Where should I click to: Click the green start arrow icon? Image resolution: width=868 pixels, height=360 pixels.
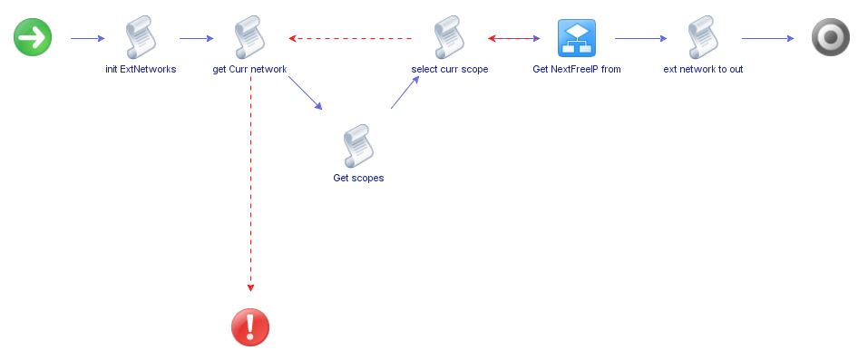pyautogui.click(x=33, y=37)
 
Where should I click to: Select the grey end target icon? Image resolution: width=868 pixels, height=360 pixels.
pyautogui.click(x=830, y=37)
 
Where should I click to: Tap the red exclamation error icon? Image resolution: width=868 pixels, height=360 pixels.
pyautogui.click(x=250, y=326)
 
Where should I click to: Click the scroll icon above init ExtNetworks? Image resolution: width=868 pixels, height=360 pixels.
pyautogui.click(x=141, y=37)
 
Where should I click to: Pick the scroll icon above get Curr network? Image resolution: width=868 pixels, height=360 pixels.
pyautogui.click(x=249, y=37)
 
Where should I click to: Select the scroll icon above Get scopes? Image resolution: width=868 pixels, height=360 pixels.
pyautogui.click(x=358, y=146)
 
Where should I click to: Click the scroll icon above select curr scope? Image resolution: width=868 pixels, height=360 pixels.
pyautogui.click(x=449, y=37)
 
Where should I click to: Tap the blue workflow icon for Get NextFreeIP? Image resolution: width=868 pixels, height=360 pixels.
pyautogui.click(x=576, y=37)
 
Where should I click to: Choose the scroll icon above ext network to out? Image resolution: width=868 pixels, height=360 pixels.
pyautogui.click(x=703, y=37)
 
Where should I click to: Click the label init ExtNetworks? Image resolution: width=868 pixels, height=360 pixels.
pyautogui.click(x=141, y=69)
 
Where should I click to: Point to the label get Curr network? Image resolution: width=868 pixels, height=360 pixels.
pyautogui.click(x=249, y=69)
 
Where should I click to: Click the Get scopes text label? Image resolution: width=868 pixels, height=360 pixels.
pyautogui.click(x=358, y=178)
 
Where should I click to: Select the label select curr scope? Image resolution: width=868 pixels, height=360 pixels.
pyautogui.click(x=449, y=69)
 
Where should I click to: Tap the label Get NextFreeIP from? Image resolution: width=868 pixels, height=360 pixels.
pyautogui.click(x=576, y=69)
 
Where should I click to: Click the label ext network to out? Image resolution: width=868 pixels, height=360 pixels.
pyautogui.click(x=703, y=69)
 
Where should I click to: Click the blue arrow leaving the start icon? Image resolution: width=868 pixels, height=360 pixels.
pyautogui.click(x=87, y=38)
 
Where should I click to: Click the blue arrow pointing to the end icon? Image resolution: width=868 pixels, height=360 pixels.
pyautogui.click(x=767, y=38)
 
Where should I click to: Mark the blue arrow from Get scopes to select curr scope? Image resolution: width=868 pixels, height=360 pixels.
pyautogui.click(x=405, y=92)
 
